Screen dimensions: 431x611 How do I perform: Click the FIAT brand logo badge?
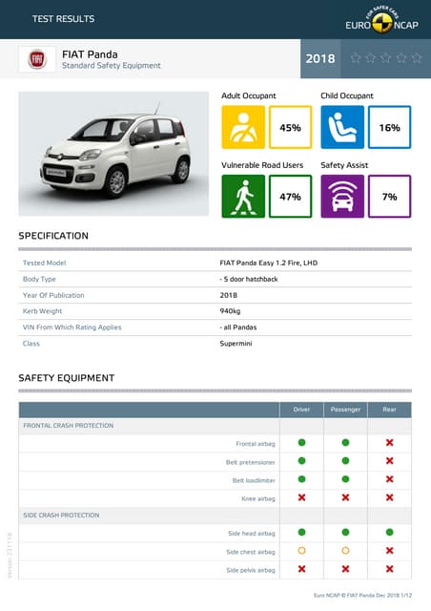coord(37,59)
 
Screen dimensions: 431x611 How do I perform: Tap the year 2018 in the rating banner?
coord(320,59)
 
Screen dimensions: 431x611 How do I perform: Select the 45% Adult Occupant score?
coord(290,127)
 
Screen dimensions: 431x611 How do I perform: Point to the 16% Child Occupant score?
coord(389,127)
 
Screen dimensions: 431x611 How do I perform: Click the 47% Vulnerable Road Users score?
coord(290,197)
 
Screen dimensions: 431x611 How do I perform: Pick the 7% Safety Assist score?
coord(389,197)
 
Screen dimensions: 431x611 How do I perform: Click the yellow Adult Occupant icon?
coord(243,127)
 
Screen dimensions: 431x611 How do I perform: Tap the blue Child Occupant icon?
coord(342,127)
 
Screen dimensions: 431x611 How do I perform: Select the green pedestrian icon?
coord(243,197)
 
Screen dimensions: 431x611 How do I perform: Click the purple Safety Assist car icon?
coord(342,197)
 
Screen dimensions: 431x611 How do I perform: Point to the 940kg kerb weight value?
coord(230,311)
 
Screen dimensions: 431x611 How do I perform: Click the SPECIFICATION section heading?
coord(53,236)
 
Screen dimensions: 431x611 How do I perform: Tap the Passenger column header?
coord(345,410)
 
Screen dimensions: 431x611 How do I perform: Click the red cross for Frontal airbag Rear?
coord(389,443)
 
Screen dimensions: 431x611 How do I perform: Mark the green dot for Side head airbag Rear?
coord(389,532)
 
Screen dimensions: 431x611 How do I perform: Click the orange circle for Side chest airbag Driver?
coord(301,551)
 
